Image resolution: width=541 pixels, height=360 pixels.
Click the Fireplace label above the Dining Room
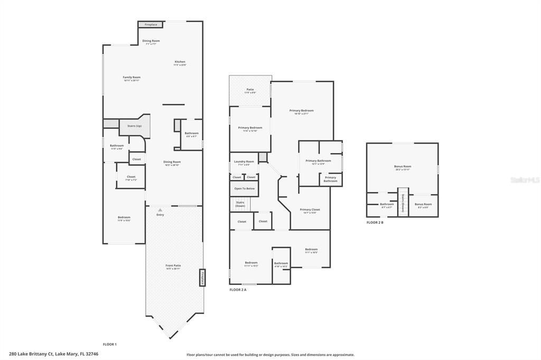151,25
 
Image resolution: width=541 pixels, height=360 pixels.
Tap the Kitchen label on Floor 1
180,62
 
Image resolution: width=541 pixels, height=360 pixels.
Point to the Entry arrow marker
160,210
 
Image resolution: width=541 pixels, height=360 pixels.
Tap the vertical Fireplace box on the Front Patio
202,278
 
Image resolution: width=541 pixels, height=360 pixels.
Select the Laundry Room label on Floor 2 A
244,162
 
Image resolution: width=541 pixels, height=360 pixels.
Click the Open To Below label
244,188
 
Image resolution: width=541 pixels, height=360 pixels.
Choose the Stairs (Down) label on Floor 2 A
240,204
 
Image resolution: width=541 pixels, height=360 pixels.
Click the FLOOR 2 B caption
375,223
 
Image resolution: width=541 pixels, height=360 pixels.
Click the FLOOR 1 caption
109,344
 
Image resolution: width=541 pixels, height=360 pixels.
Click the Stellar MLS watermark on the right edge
526,180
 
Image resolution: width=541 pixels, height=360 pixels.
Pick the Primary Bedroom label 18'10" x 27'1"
301,111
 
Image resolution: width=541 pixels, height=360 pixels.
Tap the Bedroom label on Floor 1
124,218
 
